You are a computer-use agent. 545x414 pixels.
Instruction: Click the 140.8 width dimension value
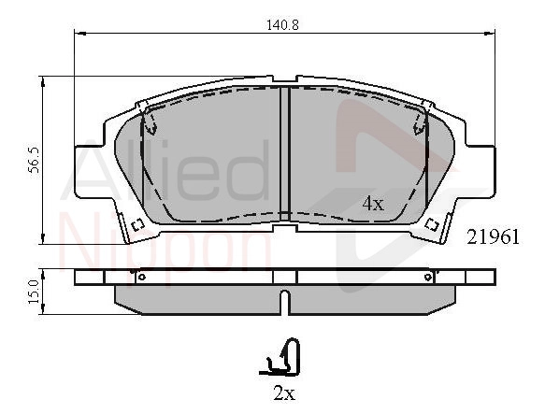[282, 25]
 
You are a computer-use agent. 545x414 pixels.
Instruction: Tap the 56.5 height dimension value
[34, 160]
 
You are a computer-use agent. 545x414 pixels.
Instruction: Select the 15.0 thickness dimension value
[34, 293]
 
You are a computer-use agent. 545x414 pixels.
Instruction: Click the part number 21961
[493, 237]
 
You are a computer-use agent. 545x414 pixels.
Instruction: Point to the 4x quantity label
[373, 204]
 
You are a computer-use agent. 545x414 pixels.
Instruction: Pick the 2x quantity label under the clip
[284, 393]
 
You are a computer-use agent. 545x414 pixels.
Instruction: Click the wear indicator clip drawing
[280, 357]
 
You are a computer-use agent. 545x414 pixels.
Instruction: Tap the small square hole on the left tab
[138, 224]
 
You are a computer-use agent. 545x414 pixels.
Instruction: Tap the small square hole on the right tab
[432, 224]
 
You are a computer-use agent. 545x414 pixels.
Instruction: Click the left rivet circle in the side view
[141, 277]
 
